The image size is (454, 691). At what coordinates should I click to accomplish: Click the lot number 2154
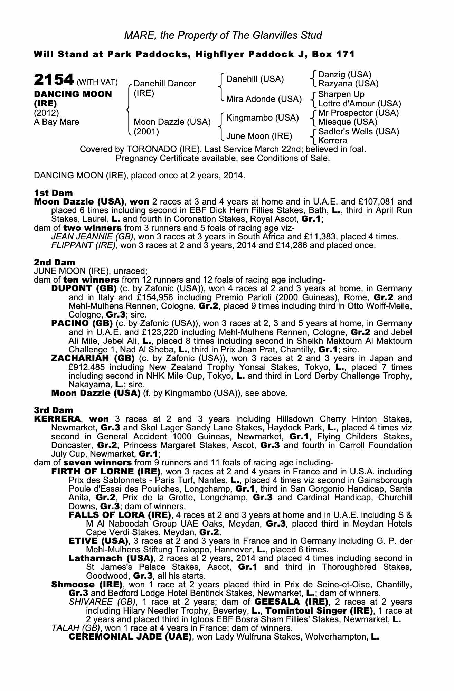54,80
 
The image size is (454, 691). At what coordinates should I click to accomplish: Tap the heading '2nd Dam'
54,263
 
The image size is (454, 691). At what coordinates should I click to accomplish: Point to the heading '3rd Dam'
54,410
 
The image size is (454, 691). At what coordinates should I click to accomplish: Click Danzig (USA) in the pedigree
344,75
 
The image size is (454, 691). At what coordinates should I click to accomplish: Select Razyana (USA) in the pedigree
348,84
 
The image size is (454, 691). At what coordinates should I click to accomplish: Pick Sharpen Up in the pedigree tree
341,94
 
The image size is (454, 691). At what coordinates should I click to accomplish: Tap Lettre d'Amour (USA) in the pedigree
359,103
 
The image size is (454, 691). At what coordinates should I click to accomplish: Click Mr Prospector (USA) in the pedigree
358,113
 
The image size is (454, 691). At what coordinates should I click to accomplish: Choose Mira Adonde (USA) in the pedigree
264,99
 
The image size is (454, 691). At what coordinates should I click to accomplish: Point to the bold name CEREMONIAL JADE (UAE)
130,637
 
